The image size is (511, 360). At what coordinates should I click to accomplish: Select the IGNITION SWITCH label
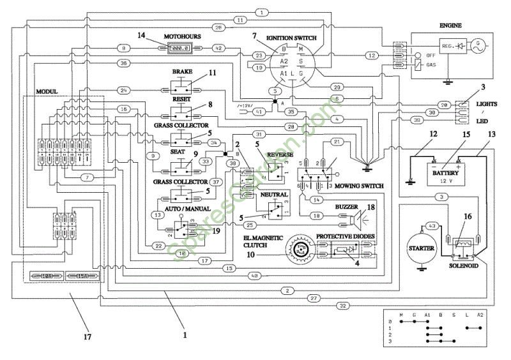292,38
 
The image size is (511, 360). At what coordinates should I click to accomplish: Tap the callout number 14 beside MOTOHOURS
142,36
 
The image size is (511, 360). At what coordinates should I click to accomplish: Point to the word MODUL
47,92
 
